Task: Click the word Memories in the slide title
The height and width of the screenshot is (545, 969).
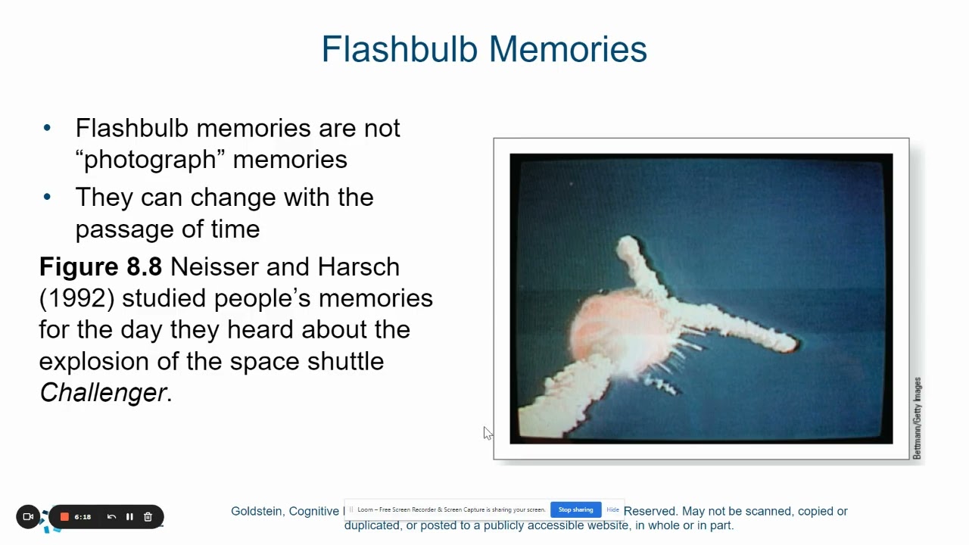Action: point(568,50)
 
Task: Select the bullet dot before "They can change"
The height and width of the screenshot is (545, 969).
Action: point(48,197)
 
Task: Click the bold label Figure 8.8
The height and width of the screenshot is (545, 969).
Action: point(101,266)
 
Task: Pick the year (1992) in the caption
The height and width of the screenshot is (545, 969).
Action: point(76,298)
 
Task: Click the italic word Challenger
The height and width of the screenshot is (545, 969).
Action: point(103,392)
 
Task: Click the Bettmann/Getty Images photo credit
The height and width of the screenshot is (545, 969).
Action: point(917,418)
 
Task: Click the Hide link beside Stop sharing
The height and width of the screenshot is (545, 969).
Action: point(612,509)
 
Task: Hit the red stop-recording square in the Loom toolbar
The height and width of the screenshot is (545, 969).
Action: point(65,517)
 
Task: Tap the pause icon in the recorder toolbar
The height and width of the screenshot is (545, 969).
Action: point(129,517)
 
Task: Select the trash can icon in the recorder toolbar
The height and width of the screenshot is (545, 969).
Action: point(148,517)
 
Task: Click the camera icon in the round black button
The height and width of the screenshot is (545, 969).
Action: point(28,517)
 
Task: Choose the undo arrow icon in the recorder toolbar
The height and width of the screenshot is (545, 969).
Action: point(111,517)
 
